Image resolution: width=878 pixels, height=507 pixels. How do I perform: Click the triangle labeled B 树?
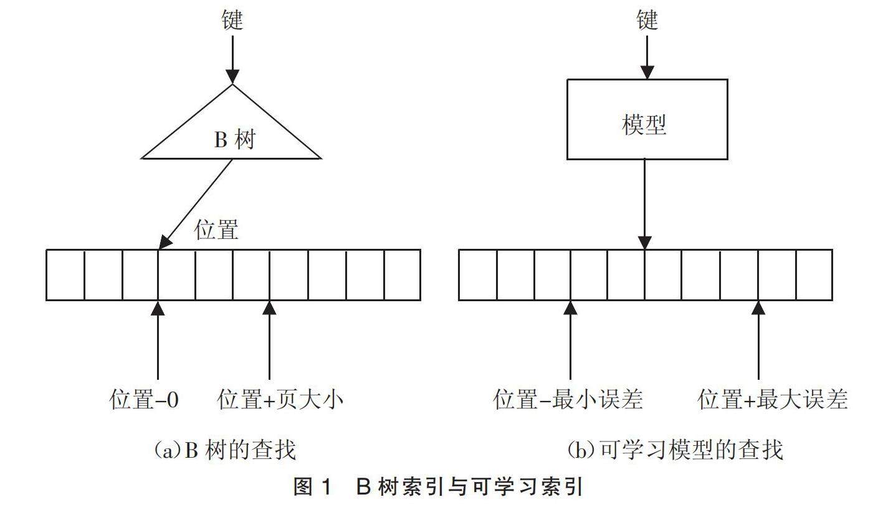click(232, 134)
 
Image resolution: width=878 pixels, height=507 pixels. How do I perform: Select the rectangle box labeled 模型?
click(647, 119)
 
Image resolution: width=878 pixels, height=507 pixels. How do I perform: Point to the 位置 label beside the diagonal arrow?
click(217, 229)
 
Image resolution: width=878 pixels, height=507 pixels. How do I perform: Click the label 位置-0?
click(144, 399)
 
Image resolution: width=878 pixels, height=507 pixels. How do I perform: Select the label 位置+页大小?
click(280, 399)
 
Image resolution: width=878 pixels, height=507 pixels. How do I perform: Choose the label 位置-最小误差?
click(568, 399)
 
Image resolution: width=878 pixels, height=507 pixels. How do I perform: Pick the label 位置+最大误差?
click(773, 399)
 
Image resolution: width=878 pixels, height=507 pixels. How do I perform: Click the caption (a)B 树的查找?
click(225, 449)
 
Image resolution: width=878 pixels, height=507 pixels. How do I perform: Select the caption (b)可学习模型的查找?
click(674, 449)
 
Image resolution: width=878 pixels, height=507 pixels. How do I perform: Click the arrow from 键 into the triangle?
click(232, 59)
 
